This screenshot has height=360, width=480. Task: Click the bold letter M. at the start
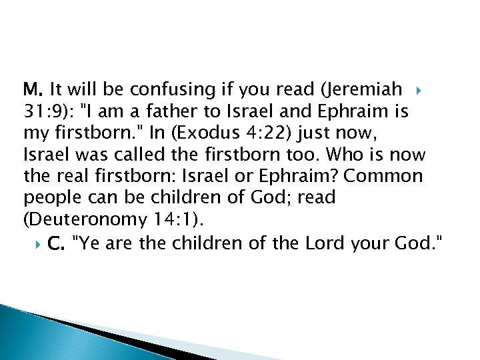click(x=32, y=89)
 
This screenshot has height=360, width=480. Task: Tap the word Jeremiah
click(x=369, y=89)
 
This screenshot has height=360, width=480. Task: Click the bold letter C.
click(x=56, y=244)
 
